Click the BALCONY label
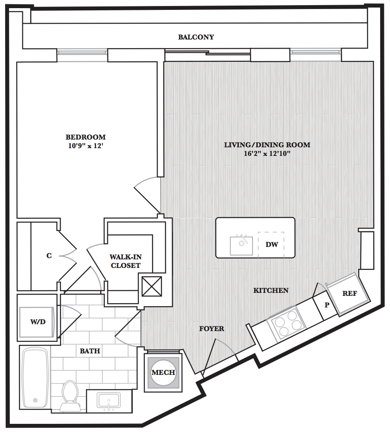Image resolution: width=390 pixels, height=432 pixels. click(196, 37)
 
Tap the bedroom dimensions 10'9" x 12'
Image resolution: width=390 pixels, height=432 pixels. click(86, 146)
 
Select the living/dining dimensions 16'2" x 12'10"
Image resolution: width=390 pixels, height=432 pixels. click(267, 153)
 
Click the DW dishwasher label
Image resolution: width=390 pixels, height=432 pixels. click(271, 244)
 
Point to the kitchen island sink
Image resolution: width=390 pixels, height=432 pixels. click(241, 245)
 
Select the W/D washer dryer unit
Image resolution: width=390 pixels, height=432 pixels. click(38, 322)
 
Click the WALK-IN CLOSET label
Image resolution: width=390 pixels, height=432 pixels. click(125, 261)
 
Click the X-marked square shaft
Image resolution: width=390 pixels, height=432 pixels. click(152, 286)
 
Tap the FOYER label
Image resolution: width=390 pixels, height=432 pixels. click(212, 329)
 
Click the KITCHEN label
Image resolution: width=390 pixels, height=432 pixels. click(271, 290)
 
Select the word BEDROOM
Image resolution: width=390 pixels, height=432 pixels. click(86, 137)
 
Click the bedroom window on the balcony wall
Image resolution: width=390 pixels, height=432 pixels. click(82, 52)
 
